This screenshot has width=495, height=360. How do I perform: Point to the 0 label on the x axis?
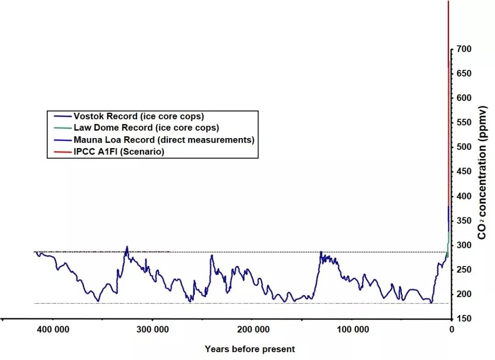pyautogui.click(x=451, y=329)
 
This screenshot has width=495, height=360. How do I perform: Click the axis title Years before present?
pyautogui.click(x=250, y=349)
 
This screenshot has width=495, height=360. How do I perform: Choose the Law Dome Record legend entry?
pyautogui.click(x=146, y=128)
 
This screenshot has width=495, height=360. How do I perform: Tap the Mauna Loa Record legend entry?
pyautogui.click(x=164, y=140)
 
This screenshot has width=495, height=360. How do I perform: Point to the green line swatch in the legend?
pyautogui.click(x=61, y=128)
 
